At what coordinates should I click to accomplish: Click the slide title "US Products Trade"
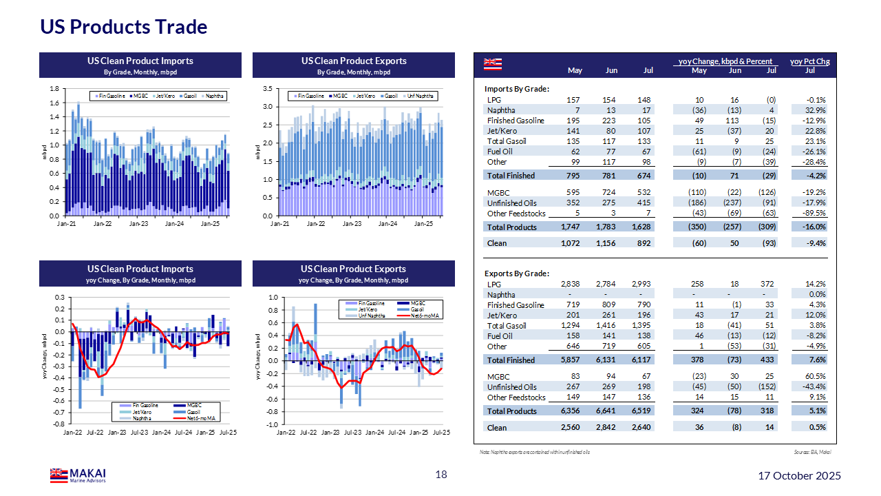[124, 27]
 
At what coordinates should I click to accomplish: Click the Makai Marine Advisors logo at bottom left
[78, 475]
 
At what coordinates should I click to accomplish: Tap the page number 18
[441, 475]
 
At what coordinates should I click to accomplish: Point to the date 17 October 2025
[799, 476]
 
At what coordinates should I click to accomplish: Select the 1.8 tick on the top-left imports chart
[54, 89]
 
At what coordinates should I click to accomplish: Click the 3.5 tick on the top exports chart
[268, 89]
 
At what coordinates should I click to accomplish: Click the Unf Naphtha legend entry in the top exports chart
[420, 96]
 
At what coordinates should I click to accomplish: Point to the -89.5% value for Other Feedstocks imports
[814, 214]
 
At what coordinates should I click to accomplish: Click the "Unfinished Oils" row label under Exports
[511, 387]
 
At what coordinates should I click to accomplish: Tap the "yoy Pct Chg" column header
[809, 61]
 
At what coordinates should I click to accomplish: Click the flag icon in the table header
[492, 64]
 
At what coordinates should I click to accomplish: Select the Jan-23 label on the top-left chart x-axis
[139, 224]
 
